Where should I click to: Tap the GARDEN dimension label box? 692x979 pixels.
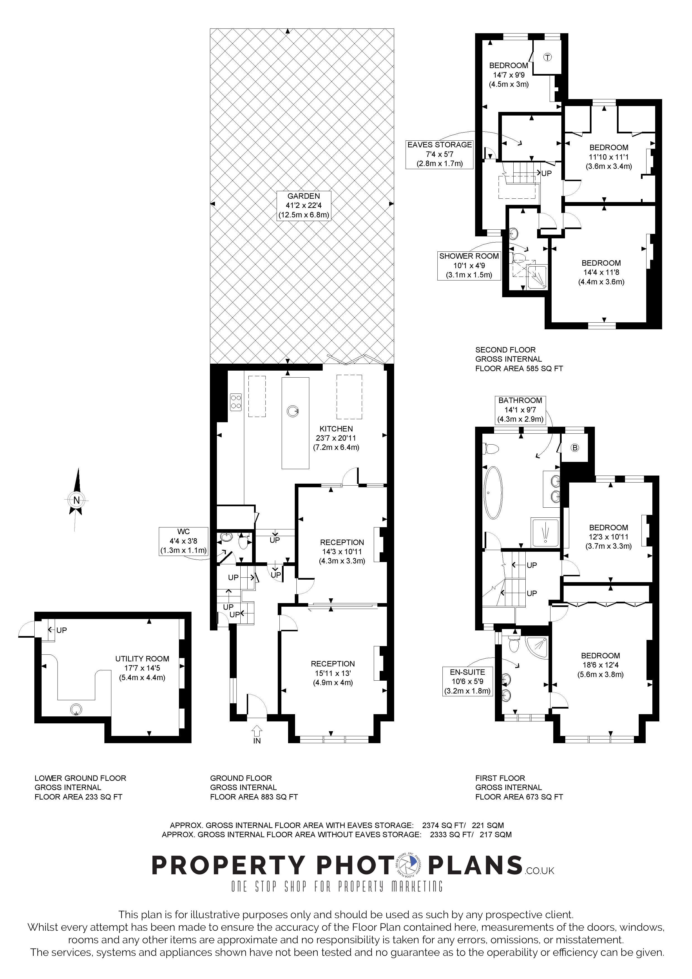[304, 205]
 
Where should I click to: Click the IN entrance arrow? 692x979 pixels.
[257, 732]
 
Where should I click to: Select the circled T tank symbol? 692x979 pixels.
[547, 57]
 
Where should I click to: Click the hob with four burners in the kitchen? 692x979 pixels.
[236, 402]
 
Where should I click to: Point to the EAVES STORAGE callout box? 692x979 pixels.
[440, 154]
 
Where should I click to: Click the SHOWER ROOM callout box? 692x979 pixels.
[469, 265]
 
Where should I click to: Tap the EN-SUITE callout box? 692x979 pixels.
[468, 682]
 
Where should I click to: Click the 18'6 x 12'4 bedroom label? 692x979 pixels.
[600, 665]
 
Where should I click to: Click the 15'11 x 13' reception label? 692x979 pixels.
[332, 673]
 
